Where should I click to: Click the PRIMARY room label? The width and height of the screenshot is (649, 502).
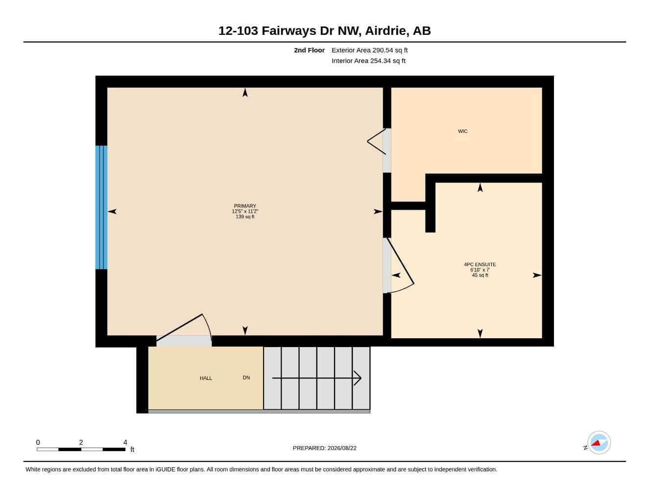pos(245,206)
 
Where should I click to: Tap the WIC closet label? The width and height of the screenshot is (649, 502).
pos(463,131)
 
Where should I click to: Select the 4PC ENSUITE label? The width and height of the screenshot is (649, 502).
pos(480,264)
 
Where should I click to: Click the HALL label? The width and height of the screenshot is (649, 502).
pos(206,378)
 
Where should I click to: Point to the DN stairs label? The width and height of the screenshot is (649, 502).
pos(246,377)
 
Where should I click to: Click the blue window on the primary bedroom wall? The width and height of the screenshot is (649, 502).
pos(101,207)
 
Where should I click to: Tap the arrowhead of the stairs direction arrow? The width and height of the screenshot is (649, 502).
pos(358,378)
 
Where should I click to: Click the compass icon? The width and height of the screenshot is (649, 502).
pos(599,443)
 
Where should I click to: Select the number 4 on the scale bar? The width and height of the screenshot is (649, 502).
pos(125,442)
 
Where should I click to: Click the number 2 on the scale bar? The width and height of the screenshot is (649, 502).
pos(81,442)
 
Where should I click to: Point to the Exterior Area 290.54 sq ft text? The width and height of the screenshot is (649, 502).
pos(369,50)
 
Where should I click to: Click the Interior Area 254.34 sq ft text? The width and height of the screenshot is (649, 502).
pos(368,61)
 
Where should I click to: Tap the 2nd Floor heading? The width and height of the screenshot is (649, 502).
pos(309,50)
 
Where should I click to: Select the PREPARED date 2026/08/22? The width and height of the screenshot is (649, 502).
pos(342,448)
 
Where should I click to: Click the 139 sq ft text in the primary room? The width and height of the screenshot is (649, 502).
pos(245,217)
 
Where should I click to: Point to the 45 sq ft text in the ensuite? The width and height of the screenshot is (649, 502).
pos(480,275)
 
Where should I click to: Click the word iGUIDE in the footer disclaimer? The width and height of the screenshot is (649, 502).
pos(165,470)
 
